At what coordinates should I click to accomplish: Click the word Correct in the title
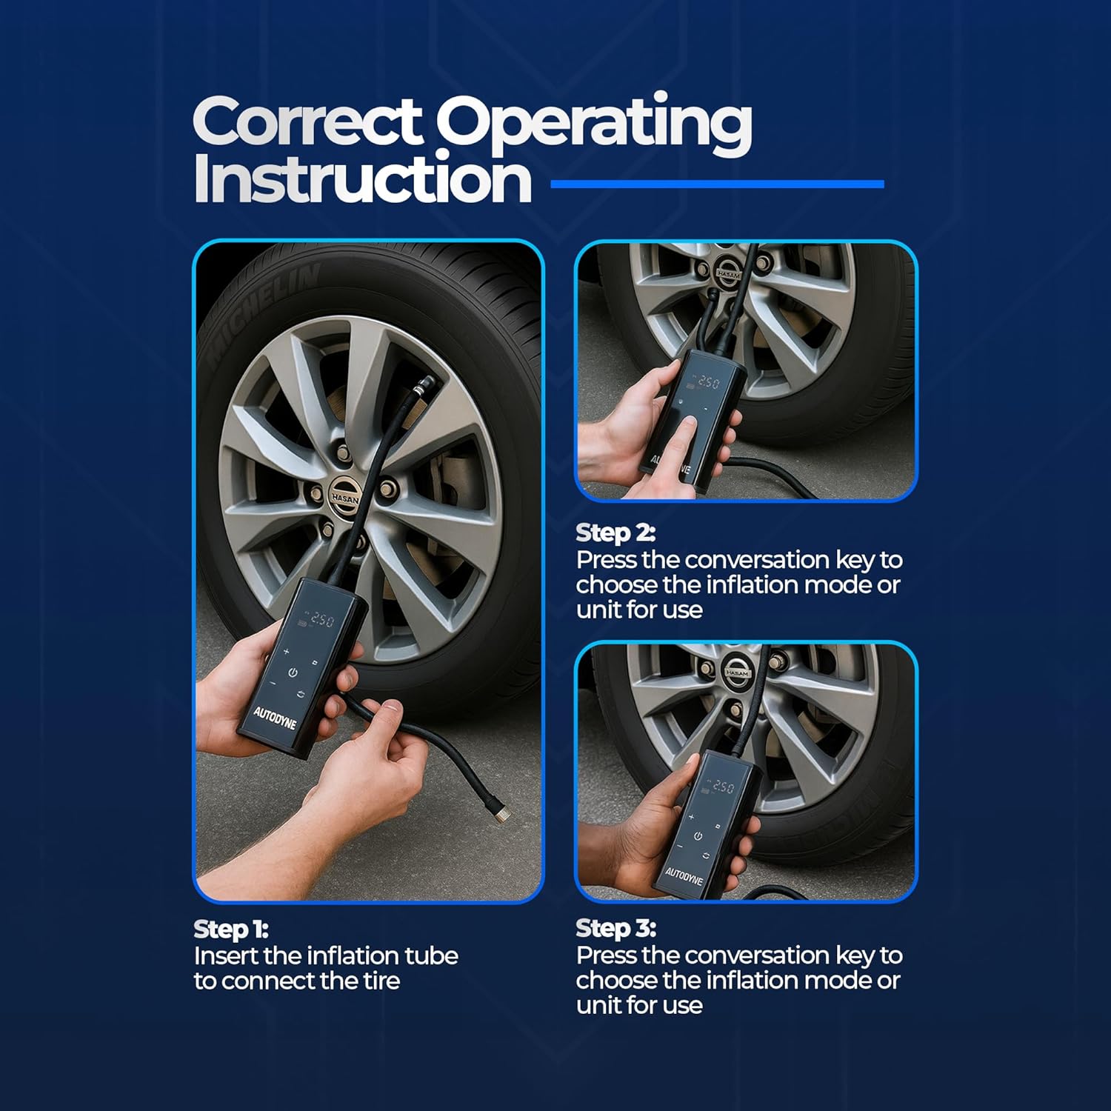click(x=307, y=122)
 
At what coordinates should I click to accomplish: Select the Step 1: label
click(x=231, y=929)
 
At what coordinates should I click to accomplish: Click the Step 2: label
click(x=615, y=533)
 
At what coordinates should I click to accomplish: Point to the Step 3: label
click(x=615, y=928)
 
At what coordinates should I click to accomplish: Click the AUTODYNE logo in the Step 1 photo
click(x=274, y=718)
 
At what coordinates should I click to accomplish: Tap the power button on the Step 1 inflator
click(x=293, y=673)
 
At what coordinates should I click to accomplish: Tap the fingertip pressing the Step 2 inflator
click(x=688, y=424)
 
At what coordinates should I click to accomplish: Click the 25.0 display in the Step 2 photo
click(x=708, y=382)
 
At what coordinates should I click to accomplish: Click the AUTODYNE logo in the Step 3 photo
click(x=683, y=877)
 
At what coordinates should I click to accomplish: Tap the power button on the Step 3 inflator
click(x=698, y=836)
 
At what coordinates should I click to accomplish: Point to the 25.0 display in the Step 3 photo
click(x=723, y=787)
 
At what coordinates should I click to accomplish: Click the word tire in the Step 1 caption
click(x=381, y=981)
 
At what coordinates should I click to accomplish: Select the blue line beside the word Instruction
click(x=718, y=184)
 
